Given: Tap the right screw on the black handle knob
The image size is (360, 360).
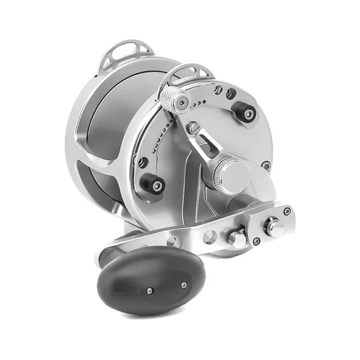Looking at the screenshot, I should coord(183,285).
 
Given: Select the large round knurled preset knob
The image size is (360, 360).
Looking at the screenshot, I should coord(231,175).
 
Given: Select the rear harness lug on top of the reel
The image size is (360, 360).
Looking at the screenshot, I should coord(124,53).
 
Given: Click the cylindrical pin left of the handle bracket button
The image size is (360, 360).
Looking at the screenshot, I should coord(238,238).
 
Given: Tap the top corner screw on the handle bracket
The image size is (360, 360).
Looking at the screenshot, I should coord(287,211).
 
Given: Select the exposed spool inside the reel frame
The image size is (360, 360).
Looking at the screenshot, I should coord(114,120).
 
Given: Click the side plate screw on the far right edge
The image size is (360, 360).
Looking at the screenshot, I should coord(266,165).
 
